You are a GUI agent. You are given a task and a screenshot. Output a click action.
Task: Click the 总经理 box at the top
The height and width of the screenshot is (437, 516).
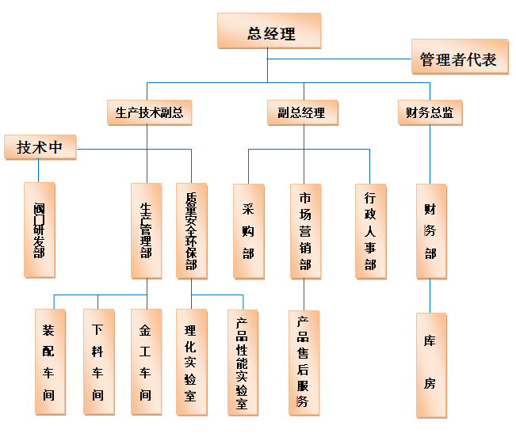tap(269, 33)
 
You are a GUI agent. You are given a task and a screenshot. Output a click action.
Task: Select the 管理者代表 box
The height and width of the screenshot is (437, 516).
tap(458, 59)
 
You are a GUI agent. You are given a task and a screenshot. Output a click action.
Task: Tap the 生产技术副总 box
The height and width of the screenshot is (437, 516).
tap(149, 112)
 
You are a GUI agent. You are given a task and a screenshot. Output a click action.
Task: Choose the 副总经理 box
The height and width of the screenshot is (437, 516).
tap(301, 112)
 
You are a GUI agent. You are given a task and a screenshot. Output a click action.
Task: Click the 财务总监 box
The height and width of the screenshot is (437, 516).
tap(429, 112)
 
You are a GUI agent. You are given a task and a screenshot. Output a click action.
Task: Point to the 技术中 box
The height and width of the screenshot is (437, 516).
tap(40, 147)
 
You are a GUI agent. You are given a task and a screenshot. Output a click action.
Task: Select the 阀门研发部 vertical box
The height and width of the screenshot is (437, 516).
tap(39, 230)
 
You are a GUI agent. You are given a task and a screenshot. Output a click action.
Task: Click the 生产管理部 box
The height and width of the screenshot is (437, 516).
tap(146, 230)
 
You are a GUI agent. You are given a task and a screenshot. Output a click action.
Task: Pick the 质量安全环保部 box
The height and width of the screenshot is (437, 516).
tap(191, 230)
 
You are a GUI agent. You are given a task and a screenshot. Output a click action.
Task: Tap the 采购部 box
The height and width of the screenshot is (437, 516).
tap(248, 230)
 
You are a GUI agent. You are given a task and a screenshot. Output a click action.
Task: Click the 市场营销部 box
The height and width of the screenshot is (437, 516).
tap(305, 230)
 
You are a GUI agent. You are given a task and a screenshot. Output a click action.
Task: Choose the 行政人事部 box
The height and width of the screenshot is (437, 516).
tap(370, 230)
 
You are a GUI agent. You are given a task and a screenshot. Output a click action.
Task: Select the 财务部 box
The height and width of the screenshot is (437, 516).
tap(430, 230)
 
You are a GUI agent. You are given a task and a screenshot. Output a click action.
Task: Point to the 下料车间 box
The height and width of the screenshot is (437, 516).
tap(97, 362)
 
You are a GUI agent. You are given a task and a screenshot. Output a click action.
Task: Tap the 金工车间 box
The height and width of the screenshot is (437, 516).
tap(146, 362)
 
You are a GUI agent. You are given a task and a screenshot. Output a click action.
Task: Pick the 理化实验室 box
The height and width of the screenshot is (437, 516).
tap(190, 362)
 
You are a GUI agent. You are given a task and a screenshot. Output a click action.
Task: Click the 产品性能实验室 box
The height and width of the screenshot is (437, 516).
tap(243, 362)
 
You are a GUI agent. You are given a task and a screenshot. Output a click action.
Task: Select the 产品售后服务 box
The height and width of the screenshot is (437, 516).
tap(303, 362)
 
